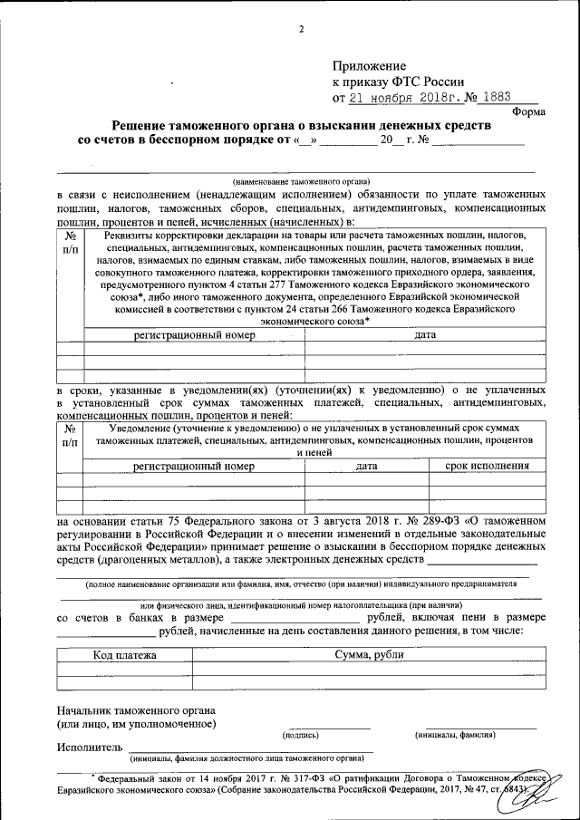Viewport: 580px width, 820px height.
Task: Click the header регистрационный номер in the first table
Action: [x=194, y=335]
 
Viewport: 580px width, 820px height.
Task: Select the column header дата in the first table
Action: [x=426, y=335]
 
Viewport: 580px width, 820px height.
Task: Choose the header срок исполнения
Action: [x=488, y=467]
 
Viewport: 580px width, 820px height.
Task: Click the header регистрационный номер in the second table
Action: [x=194, y=467]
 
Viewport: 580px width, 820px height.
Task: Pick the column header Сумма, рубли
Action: [x=368, y=654]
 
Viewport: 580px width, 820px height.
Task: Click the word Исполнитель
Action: [x=88, y=748]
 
